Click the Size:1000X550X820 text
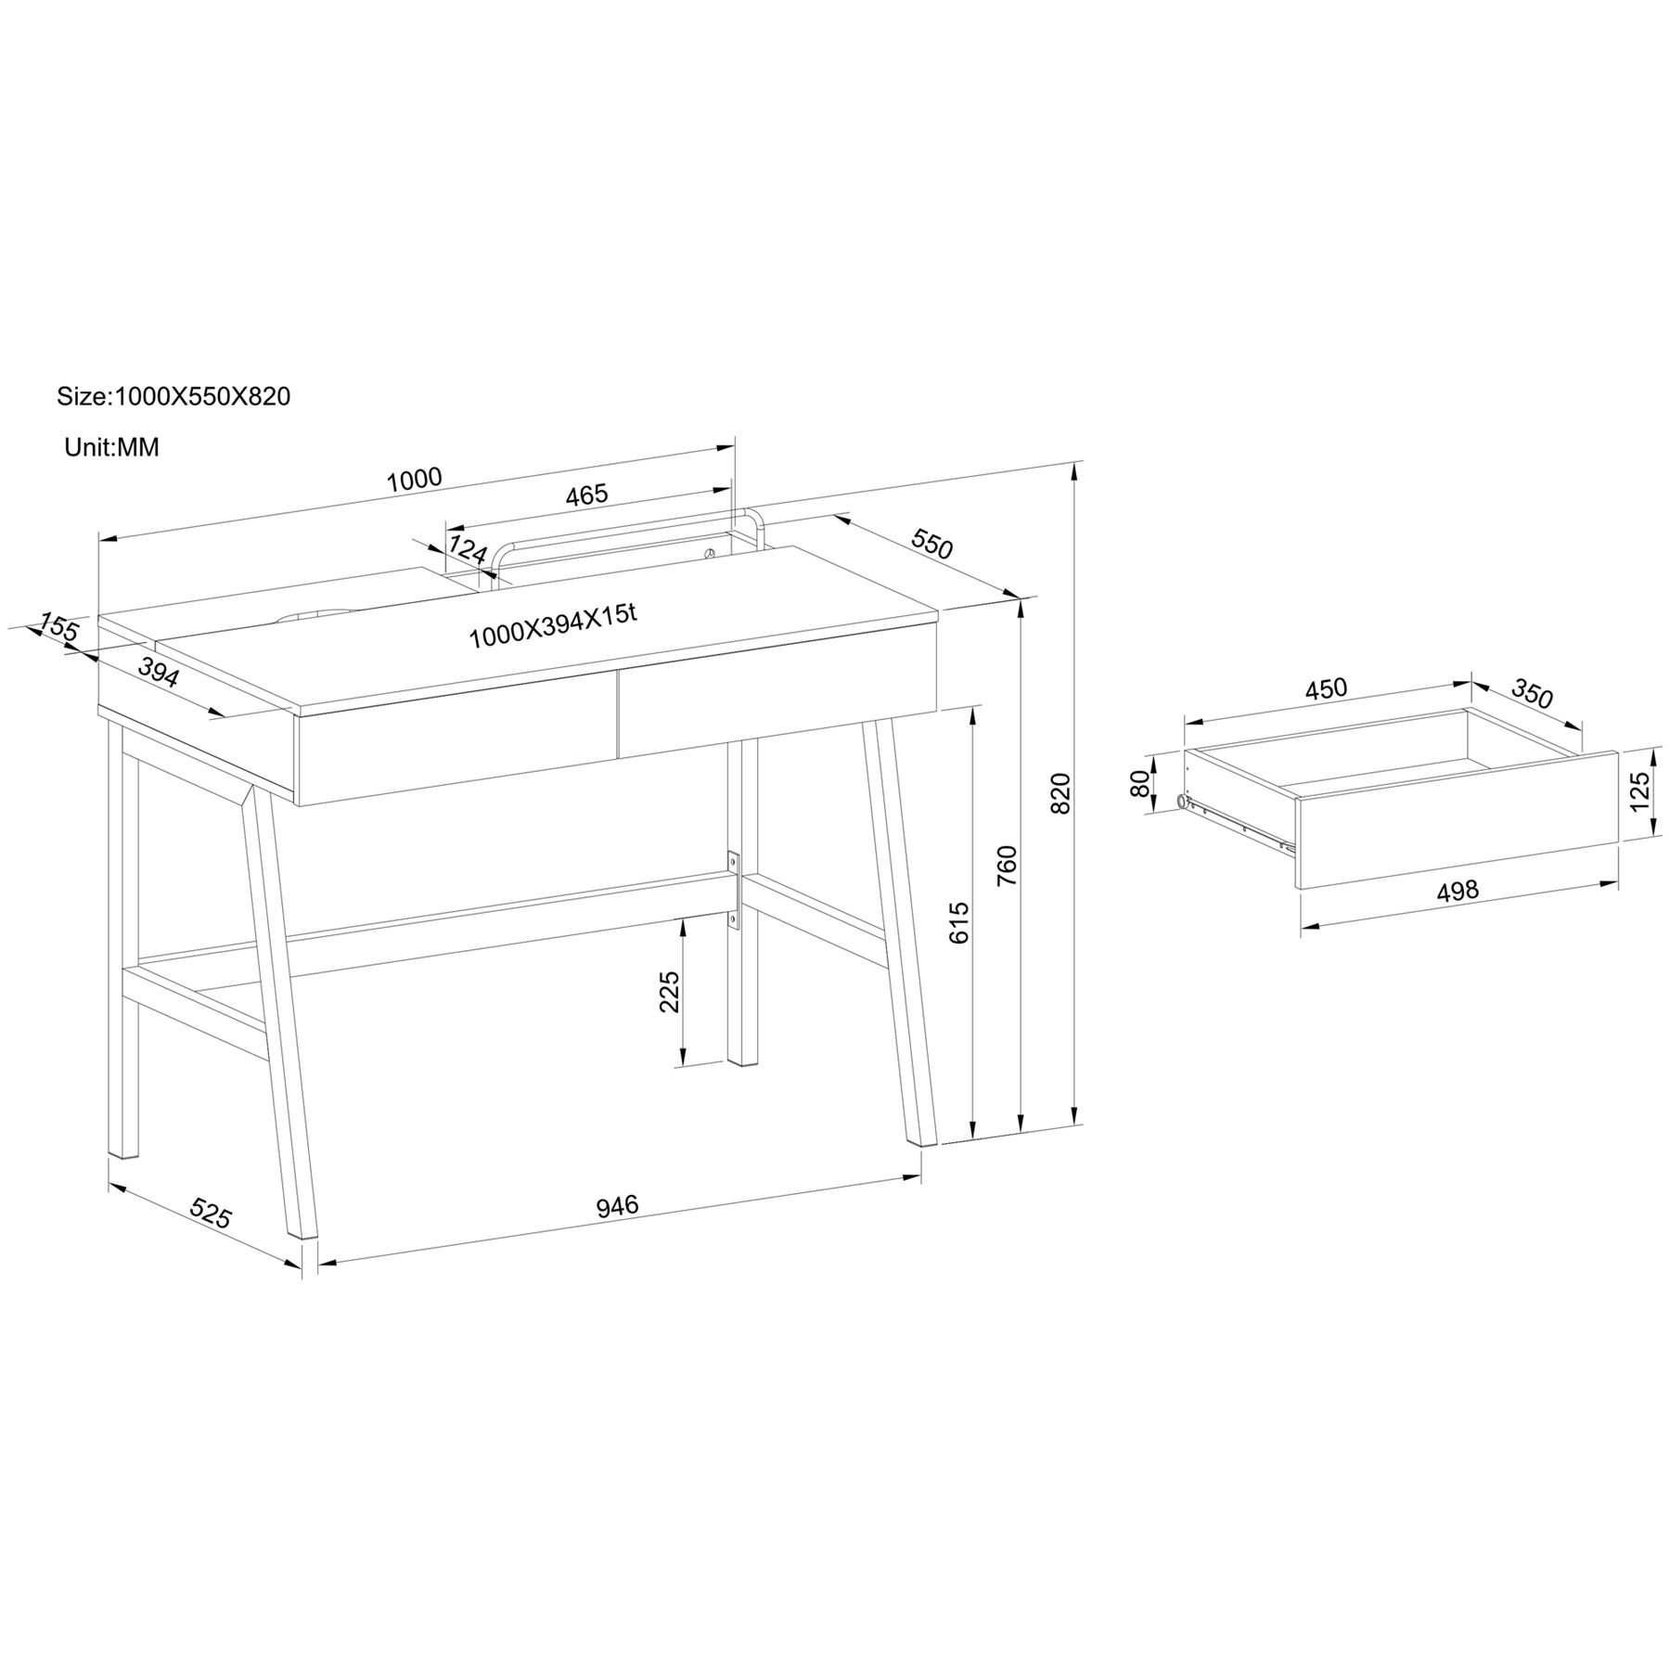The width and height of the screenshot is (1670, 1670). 173,396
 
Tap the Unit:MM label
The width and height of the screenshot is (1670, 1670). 111,447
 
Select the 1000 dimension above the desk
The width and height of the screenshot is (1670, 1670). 414,480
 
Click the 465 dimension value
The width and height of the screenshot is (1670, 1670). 586,495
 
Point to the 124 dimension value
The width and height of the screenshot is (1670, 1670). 468,548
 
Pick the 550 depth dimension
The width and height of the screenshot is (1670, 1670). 931,544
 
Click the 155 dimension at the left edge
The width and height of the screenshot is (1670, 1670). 59,627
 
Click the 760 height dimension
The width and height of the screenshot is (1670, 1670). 1007,866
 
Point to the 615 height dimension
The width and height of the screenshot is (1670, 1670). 959,922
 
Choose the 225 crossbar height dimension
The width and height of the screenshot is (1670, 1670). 669,992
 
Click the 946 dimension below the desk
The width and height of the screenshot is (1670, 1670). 617,1206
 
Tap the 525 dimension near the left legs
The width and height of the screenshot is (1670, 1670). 210,1214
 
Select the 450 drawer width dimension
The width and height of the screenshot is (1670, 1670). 1326,689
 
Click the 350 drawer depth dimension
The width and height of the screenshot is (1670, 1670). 1532,693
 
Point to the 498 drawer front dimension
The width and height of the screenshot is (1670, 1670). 1458,892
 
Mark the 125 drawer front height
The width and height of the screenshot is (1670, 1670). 1639,792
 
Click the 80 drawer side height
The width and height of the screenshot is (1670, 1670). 1139,783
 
